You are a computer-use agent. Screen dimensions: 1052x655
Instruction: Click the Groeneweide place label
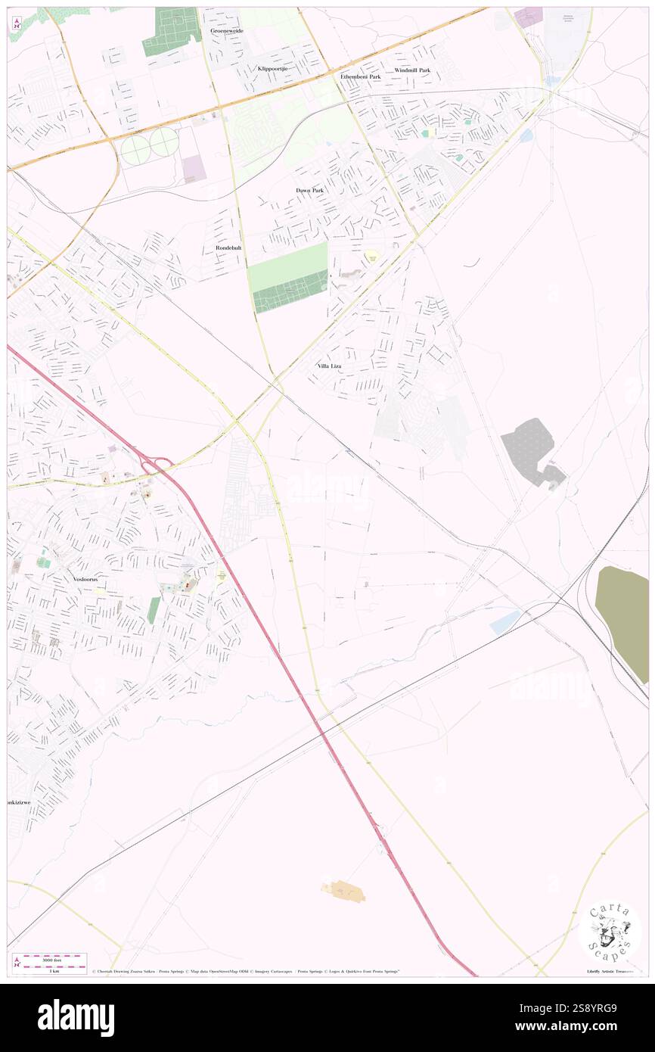[227, 31]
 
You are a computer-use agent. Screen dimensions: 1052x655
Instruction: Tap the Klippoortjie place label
[274, 69]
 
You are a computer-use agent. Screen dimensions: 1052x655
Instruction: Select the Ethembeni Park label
[361, 77]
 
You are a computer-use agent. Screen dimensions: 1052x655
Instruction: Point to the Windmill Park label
[412, 70]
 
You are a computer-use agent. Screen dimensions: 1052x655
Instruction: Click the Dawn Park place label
[309, 190]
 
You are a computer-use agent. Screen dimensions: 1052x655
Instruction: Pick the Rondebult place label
[223, 248]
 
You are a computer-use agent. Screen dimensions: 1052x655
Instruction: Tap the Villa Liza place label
[329, 366]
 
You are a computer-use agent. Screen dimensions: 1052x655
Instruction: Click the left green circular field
[135, 147]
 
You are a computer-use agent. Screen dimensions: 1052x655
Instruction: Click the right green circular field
[164, 142]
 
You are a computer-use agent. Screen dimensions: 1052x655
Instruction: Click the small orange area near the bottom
[344, 891]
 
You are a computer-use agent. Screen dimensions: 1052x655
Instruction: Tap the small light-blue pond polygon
[504, 623]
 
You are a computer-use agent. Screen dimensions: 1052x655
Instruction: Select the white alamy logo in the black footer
[76, 1017]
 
